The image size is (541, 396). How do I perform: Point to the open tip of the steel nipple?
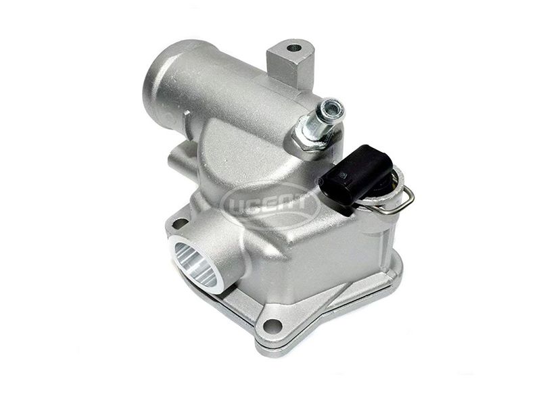click(335, 107)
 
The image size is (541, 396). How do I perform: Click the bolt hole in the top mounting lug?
click(293, 48)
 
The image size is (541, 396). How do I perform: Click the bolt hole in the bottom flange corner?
click(273, 324)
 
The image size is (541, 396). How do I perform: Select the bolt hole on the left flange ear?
click(180, 223)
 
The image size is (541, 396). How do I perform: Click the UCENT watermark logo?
click(271, 205)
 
